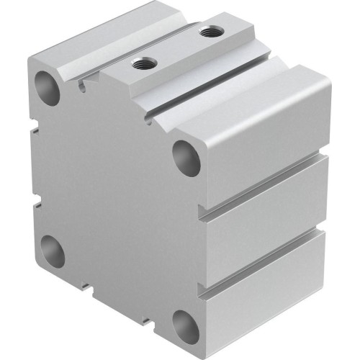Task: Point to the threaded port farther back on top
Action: (209, 32)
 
